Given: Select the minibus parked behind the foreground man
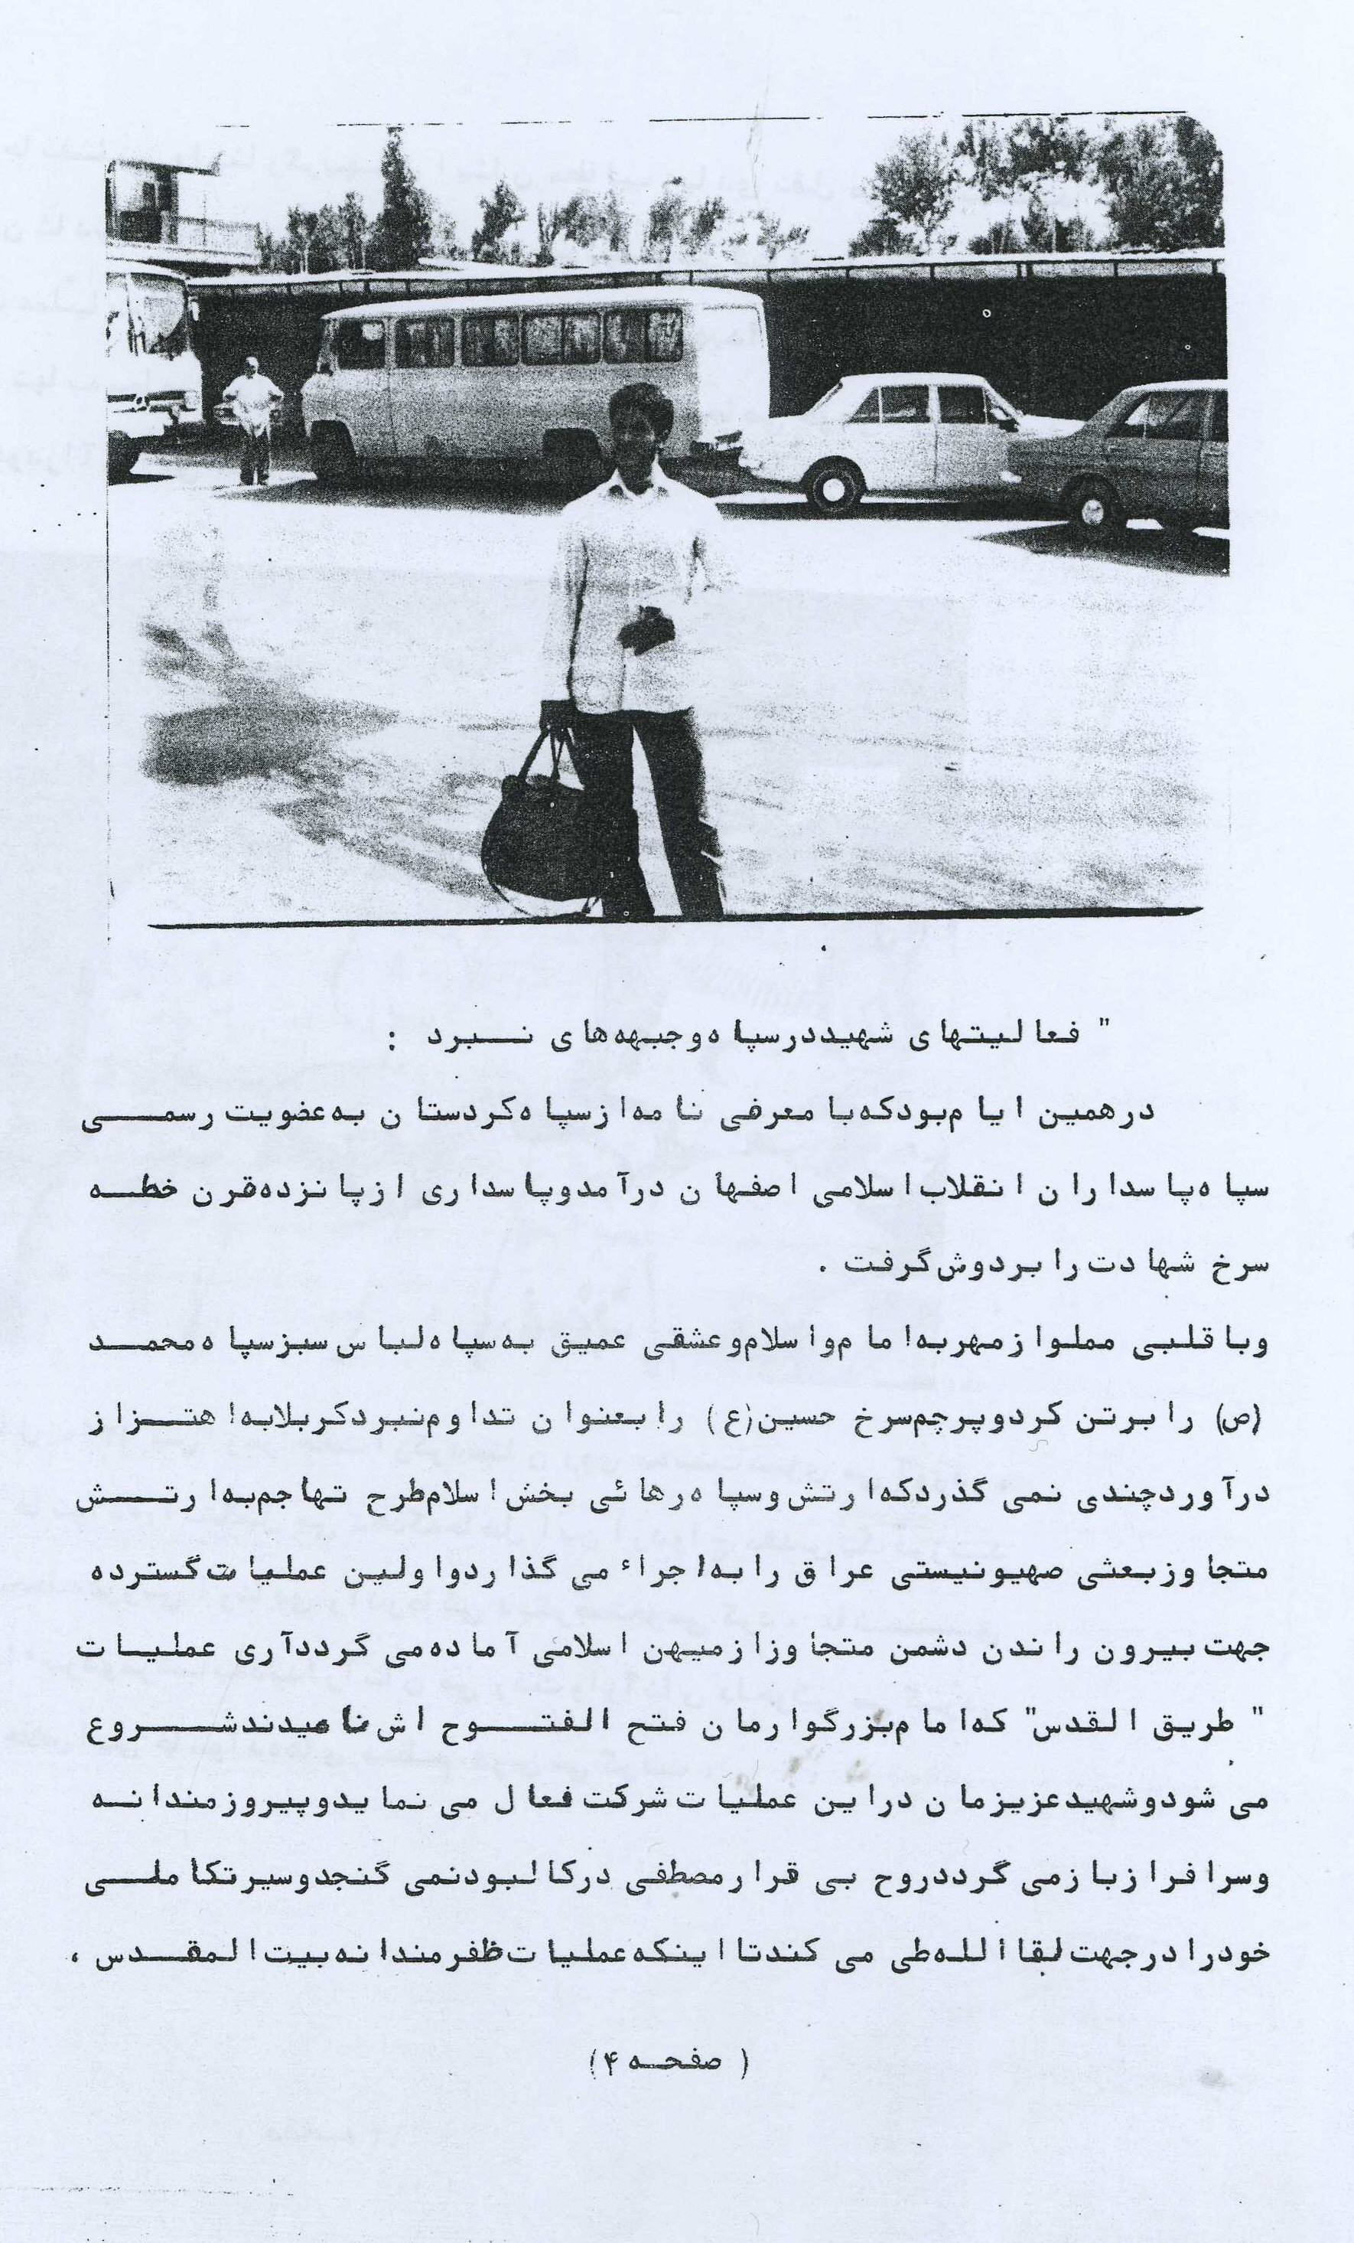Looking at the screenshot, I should point(509,382).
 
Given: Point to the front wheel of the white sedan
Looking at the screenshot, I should point(835,482).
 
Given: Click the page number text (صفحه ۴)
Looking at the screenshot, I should point(669,2030).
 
